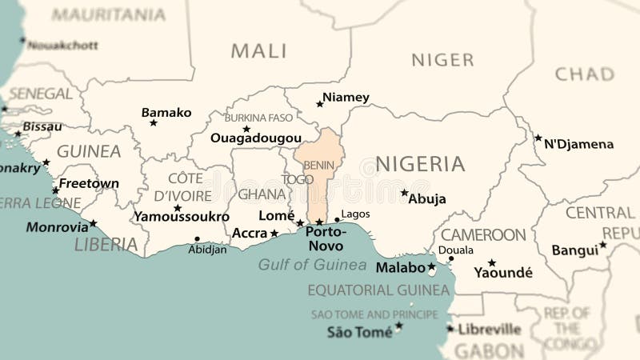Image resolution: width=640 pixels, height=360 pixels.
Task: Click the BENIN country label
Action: [319, 165]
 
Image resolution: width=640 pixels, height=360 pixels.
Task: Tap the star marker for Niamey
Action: [319, 104]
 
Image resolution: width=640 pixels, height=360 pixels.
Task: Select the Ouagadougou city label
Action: [256, 138]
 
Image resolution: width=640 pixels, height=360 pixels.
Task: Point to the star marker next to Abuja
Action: [404, 193]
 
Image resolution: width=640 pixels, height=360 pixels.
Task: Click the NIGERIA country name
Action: [420, 164]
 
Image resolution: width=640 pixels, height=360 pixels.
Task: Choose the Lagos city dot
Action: [337, 219]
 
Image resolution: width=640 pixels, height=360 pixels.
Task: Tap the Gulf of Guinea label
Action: [312, 265]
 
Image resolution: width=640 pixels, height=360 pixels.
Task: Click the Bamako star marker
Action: [154, 122]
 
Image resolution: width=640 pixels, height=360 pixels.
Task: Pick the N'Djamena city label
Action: [579, 145]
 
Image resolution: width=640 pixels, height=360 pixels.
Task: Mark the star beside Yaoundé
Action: [491, 262]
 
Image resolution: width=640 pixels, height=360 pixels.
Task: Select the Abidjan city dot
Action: [197, 238]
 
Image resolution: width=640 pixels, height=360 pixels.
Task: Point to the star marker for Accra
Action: [274, 234]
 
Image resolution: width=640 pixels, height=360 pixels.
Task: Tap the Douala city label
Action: [456, 250]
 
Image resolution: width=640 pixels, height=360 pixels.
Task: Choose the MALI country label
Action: [258, 51]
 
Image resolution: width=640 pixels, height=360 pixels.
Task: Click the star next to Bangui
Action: [602, 245]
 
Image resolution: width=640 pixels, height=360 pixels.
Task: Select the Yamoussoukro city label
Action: [182, 217]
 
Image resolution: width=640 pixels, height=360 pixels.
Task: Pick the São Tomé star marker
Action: [398, 326]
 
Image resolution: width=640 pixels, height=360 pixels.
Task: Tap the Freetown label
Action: [89, 183]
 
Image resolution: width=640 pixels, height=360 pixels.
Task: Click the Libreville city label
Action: [489, 329]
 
